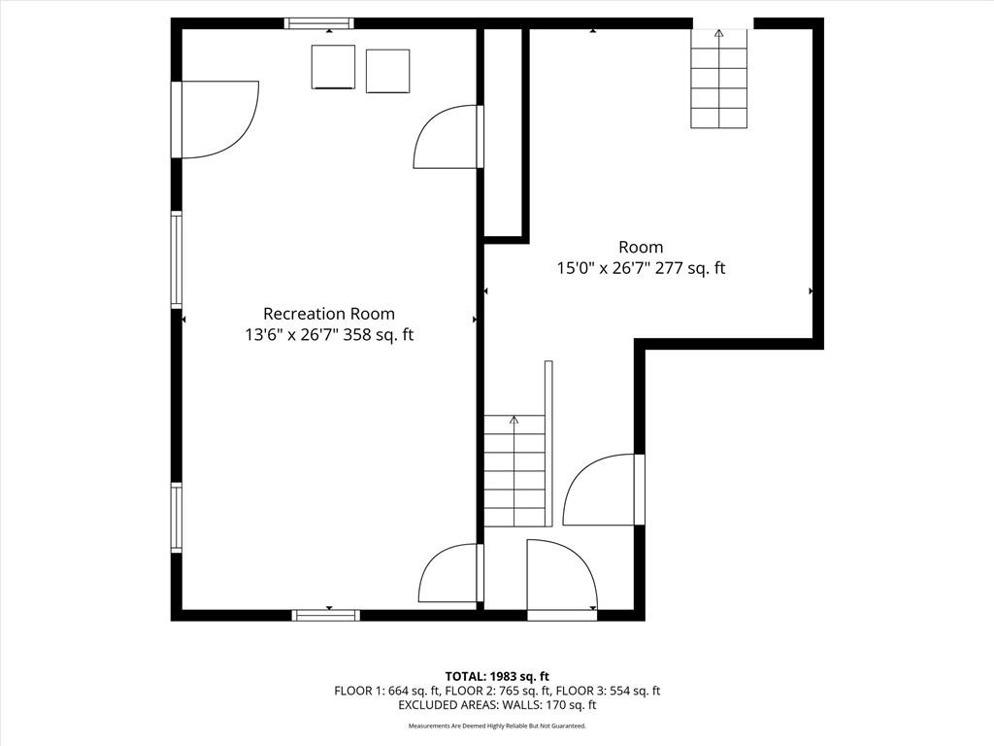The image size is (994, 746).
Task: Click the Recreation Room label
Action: click(x=329, y=314)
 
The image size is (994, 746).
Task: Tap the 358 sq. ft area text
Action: click(x=379, y=335)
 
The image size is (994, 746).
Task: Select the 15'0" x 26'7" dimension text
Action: click(x=603, y=268)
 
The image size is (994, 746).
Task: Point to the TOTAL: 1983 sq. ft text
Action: click(x=496, y=676)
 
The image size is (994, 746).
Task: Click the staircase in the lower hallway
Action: click(x=514, y=470)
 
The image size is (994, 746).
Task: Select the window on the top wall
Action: click(x=318, y=23)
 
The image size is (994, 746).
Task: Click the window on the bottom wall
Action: click(x=326, y=615)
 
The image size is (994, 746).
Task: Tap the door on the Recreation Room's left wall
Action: click(x=215, y=119)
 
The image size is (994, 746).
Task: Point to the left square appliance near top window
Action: click(x=333, y=67)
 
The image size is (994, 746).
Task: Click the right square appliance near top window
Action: click(x=388, y=71)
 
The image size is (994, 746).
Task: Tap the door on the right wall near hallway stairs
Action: click(x=604, y=490)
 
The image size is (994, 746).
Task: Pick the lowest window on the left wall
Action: click(x=177, y=518)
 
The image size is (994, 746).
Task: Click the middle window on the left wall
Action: click(x=177, y=260)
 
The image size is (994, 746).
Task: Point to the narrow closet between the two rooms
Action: click(x=504, y=132)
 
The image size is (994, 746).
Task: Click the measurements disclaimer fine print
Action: click(x=497, y=725)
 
